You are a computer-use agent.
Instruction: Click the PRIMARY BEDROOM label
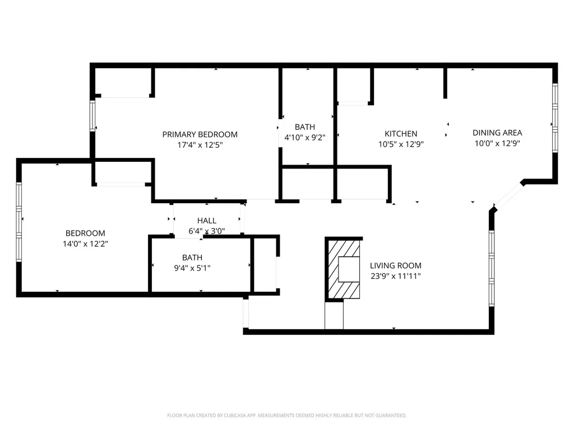(200, 134)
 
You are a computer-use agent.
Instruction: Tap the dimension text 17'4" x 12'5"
(200, 145)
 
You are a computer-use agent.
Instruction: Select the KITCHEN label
(400, 134)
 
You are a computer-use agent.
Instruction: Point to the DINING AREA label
(497, 133)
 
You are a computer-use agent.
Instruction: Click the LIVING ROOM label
(395, 265)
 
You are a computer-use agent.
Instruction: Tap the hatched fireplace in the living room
(344, 269)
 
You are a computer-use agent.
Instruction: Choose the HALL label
(206, 221)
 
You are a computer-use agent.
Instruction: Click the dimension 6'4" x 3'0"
(206, 231)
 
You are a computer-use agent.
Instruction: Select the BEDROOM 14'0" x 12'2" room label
(85, 233)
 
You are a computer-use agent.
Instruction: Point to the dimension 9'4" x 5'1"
(192, 268)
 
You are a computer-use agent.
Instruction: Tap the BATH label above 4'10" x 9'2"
(305, 127)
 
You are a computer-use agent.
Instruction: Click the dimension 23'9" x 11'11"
(395, 276)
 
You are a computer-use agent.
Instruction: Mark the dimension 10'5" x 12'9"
(400, 144)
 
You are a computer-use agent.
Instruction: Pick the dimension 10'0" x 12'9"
(497, 143)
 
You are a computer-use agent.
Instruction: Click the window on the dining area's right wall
(554, 118)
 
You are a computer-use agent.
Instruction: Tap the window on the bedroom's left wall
(19, 222)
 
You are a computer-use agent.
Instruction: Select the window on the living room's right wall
(492, 268)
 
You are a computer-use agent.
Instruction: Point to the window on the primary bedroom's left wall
(93, 116)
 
